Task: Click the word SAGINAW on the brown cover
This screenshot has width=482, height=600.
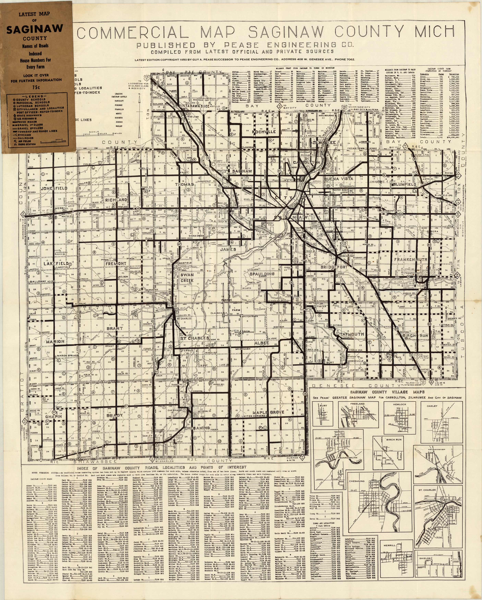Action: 35,29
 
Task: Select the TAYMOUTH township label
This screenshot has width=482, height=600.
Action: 352,334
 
